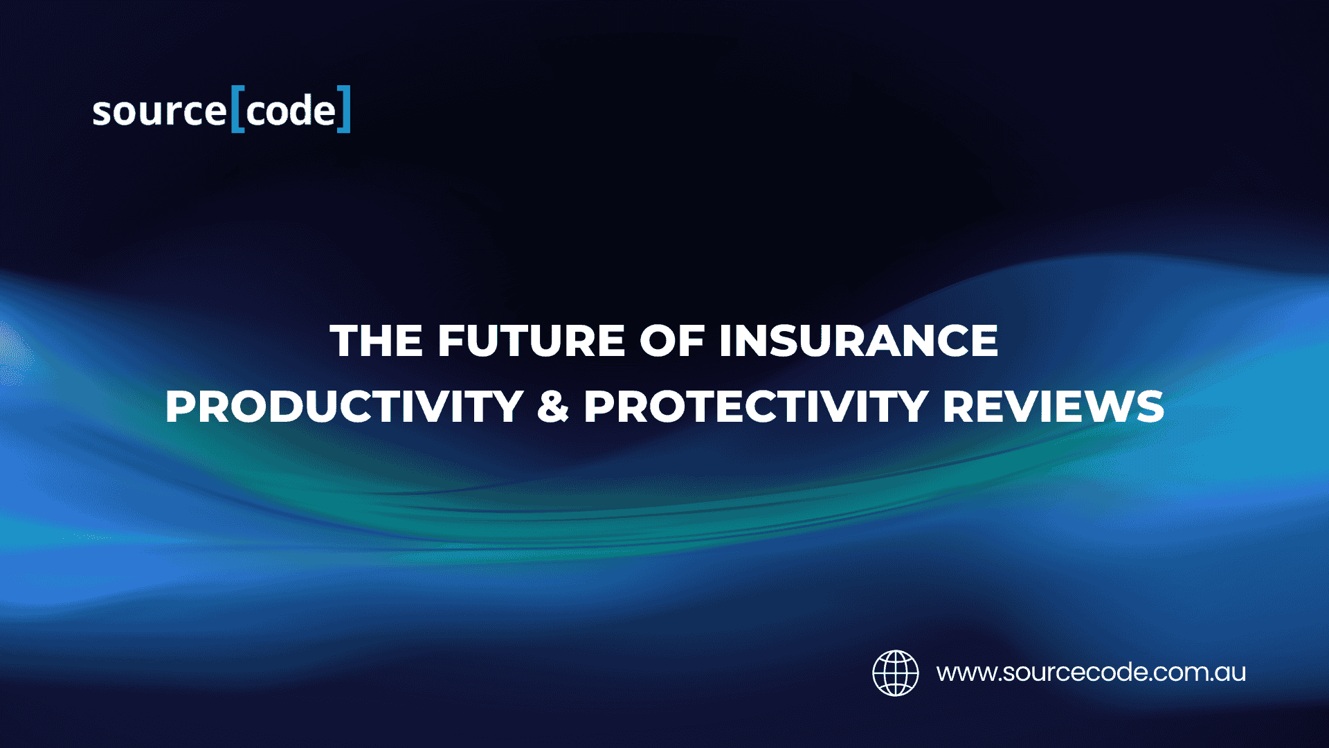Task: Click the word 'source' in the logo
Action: pyautogui.click(x=159, y=112)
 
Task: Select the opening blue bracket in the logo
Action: pyautogui.click(x=237, y=109)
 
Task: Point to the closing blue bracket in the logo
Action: pyautogui.click(x=344, y=109)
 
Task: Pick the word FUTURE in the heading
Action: pyautogui.click(x=531, y=341)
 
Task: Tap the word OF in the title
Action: pyautogui.click(x=671, y=341)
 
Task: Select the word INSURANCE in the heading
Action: pyautogui.click(x=858, y=341)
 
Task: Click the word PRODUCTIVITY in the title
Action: pyautogui.click(x=344, y=407)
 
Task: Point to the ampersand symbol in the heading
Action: pyautogui.click(x=553, y=407)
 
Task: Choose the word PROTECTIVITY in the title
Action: pyautogui.click(x=756, y=407)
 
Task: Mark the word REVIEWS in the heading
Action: pyautogui.click(x=1054, y=407)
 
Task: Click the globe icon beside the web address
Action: pyautogui.click(x=896, y=673)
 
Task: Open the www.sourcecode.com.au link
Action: pyautogui.click(x=1092, y=673)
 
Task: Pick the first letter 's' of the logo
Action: pyautogui.click(x=102, y=114)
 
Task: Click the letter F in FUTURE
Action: pyautogui.click(x=451, y=341)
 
